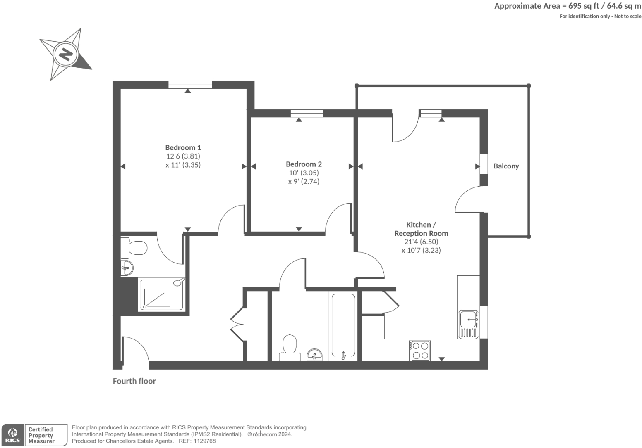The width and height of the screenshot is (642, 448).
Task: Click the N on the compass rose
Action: click(65, 55)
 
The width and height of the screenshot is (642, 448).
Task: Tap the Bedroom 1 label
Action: click(183, 148)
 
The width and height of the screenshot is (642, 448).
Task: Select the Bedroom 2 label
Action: click(304, 164)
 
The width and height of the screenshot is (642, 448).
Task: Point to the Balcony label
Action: click(506, 166)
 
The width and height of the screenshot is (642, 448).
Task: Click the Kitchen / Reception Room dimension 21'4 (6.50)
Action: click(421, 242)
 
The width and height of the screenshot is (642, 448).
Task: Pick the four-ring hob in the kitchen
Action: click(419, 351)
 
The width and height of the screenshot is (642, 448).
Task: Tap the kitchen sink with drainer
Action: click(469, 325)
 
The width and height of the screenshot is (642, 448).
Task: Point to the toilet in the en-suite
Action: click(134, 248)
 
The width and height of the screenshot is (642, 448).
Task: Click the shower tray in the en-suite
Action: click(162, 294)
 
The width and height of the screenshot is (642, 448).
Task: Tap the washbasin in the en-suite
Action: click(127, 268)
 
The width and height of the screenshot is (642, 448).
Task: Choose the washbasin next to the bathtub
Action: click(314, 355)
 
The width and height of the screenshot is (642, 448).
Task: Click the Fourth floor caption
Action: click(134, 381)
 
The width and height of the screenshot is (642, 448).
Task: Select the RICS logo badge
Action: click(12, 435)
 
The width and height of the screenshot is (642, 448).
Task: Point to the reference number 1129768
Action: click(205, 441)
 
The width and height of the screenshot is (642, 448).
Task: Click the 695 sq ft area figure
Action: click(584, 6)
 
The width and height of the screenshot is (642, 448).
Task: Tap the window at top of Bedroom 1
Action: click(190, 85)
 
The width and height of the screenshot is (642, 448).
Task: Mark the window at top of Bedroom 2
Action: click(307, 113)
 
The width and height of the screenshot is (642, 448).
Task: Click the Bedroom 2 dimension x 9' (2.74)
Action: click(304, 181)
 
